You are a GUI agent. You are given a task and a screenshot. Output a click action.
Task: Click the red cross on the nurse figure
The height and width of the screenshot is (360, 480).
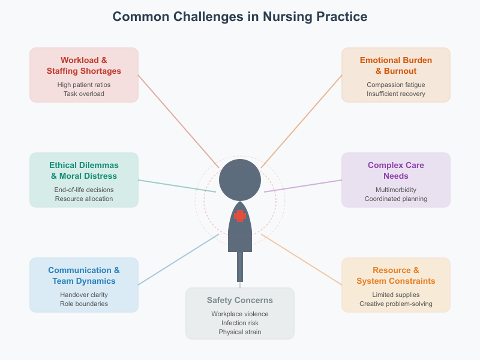pos(240,216)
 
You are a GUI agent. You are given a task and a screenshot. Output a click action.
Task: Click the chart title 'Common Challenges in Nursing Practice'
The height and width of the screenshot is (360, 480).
pos(240,16)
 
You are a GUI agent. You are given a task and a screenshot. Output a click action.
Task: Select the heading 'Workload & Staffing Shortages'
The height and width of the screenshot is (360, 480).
pos(84,65)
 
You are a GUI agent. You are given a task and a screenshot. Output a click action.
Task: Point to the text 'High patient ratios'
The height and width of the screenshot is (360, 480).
pos(84,85)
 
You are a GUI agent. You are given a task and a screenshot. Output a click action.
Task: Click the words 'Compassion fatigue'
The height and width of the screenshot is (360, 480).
pos(396,85)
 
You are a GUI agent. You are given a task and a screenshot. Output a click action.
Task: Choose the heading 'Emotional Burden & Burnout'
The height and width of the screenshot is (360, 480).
pos(396,65)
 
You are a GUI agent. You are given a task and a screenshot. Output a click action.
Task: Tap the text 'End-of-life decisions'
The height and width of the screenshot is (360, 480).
pos(84,190)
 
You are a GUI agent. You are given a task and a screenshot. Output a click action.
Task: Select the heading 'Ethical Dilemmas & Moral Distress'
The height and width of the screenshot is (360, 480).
pos(84,170)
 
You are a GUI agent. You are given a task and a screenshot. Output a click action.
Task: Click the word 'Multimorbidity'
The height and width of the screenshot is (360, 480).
pos(396,190)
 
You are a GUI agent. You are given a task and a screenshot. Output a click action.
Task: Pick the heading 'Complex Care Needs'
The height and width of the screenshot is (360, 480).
pos(396,170)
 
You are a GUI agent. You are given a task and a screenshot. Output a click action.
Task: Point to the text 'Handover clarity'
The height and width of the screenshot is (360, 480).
pos(84,295)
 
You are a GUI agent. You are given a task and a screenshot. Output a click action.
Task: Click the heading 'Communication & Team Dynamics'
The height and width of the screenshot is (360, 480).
pos(84,275)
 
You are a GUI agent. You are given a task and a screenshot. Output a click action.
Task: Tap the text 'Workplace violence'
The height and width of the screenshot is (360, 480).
pos(240,314)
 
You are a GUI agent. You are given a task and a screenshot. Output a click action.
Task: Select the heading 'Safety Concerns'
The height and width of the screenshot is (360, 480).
pos(240,300)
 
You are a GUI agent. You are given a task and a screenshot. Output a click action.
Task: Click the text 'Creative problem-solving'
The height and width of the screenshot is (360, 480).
pos(396,304)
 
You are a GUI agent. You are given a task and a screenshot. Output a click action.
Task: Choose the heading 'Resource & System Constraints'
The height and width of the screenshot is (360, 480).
pos(396,275)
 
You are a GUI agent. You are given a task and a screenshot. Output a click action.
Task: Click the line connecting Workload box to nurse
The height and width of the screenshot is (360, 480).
pos(178,121)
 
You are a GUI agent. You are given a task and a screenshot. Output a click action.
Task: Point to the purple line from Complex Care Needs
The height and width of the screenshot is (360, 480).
pos(303,185)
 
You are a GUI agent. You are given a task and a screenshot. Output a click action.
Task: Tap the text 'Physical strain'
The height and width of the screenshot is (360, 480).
pos(240,332)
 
